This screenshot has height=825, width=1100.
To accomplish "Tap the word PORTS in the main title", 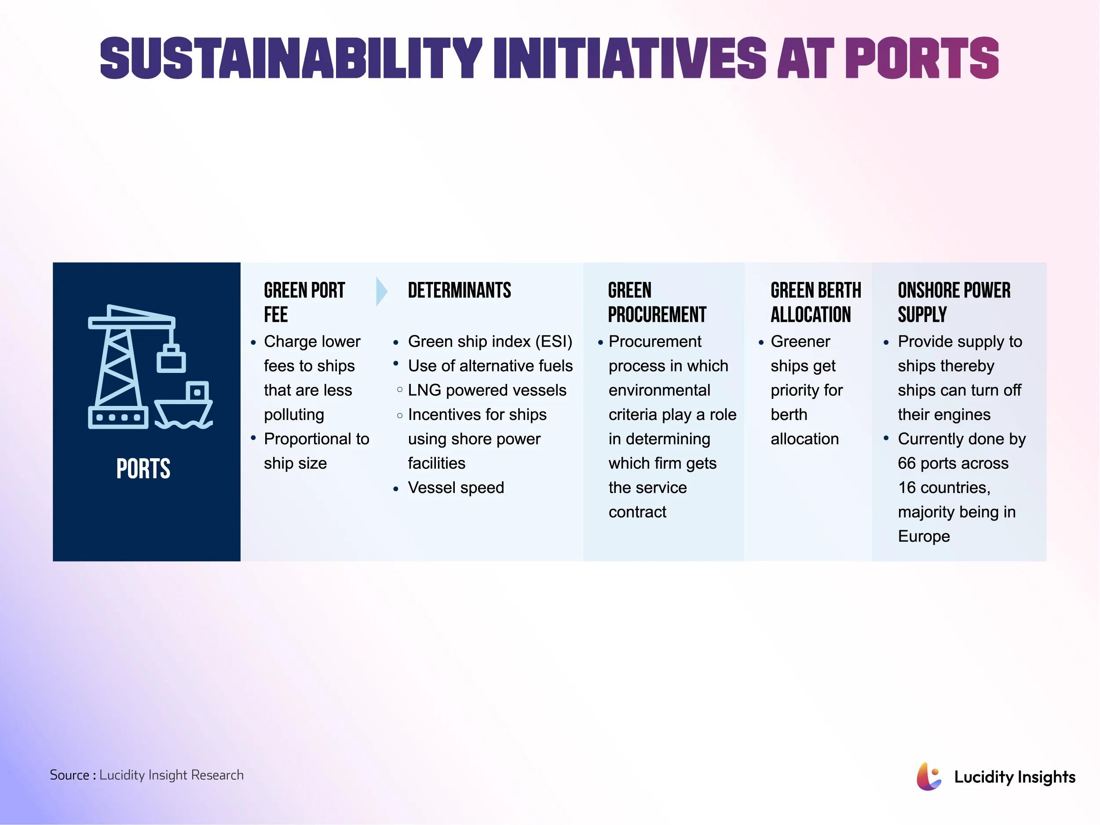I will pyautogui.click(x=921, y=58).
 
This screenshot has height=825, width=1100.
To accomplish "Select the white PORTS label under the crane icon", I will pyautogui.click(x=143, y=468).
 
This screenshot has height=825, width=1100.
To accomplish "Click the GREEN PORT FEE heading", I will pyautogui.click(x=304, y=302).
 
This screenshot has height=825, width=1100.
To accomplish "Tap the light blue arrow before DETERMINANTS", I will pyautogui.click(x=381, y=291).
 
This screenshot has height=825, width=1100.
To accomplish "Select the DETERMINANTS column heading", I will pyautogui.click(x=459, y=290).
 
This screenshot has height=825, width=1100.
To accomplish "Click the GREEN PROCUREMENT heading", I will pyautogui.click(x=656, y=302).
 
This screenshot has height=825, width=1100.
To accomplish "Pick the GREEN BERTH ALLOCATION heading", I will pyautogui.click(x=815, y=302).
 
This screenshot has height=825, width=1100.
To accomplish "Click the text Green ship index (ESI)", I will pyautogui.click(x=490, y=342).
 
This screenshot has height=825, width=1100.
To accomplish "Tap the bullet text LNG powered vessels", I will pyautogui.click(x=487, y=391).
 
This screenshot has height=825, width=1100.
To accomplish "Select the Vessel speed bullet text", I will pyautogui.click(x=456, y=488).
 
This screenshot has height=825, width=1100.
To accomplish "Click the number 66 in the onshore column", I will pyautogui.click(x=906, y=464).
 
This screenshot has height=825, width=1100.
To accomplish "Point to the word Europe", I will pyautogui.click(x=924, y=537).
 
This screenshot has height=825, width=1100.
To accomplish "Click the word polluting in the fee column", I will pyautogui.click(x=294, y=415).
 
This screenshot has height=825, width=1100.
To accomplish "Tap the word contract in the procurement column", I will pyautogui.click(x=637, y=512).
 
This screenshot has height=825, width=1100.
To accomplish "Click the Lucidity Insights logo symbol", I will pyautogui.click(x=928, y=776).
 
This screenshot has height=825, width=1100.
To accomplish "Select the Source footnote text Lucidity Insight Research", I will pyautogui.click(x=171, y=775).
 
